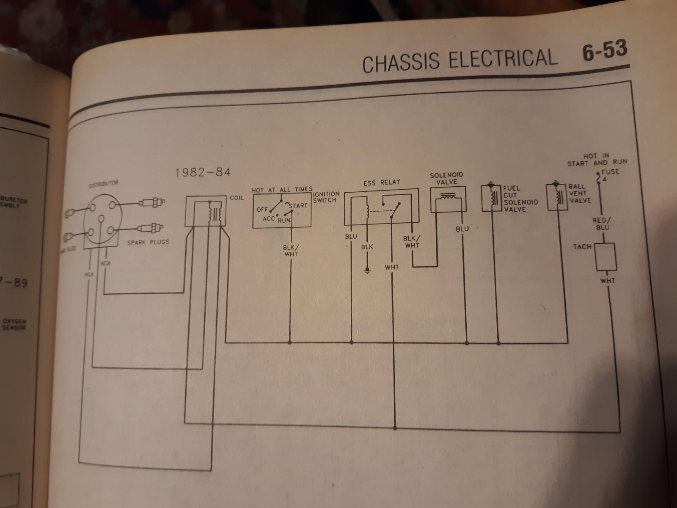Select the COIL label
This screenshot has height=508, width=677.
pos(237,198)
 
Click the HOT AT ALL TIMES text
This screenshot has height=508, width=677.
pos(282,190)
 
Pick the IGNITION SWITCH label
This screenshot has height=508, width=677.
pos(326,197)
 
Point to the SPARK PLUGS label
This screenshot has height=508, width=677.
pos(148,242)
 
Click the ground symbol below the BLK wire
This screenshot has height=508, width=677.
pos(367,270)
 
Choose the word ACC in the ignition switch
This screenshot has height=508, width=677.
pos(268,219)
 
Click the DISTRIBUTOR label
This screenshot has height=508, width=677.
pos(103,183)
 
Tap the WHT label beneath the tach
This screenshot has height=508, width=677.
pos(607,280)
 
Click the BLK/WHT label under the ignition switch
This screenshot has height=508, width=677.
pos(290,251)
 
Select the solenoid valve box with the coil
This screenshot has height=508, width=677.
pos(447,199)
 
